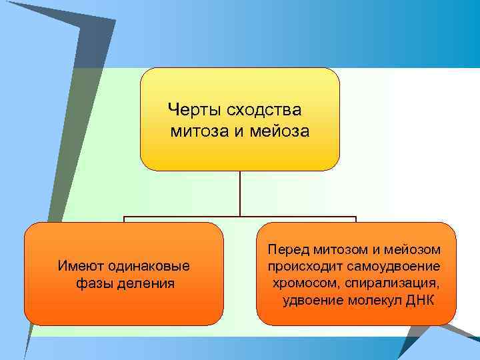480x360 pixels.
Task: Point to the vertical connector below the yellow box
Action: [240, 193]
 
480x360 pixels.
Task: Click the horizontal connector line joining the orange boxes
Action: [240, 217]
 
